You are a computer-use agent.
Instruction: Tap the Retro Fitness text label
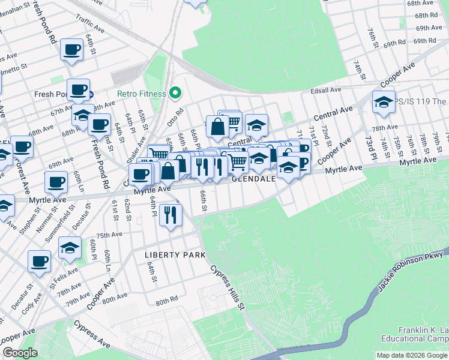[x=142, y=94]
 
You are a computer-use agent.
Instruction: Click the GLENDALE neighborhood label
[x=253, y=179]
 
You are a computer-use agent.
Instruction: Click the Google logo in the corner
[x=20, y=353]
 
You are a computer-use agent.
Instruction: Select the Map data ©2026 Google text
[x=412, y=355]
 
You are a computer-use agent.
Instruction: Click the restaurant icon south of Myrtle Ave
[x=171, y=214]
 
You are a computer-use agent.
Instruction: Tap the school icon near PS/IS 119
[x=384, y=103]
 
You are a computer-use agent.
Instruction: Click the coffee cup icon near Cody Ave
[x=40, y=262]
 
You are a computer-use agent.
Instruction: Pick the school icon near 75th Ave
[x=70, y=248]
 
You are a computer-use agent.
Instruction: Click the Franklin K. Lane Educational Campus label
[x=423, y=334]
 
